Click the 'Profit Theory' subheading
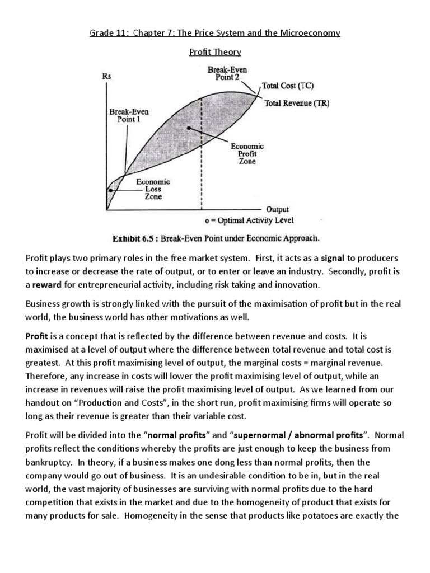tap(214, 52)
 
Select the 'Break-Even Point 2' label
tap(227, 73)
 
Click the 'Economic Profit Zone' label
tap(247, 153)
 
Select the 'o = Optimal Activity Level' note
tap(249, 220)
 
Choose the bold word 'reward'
tap(49, 285)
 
